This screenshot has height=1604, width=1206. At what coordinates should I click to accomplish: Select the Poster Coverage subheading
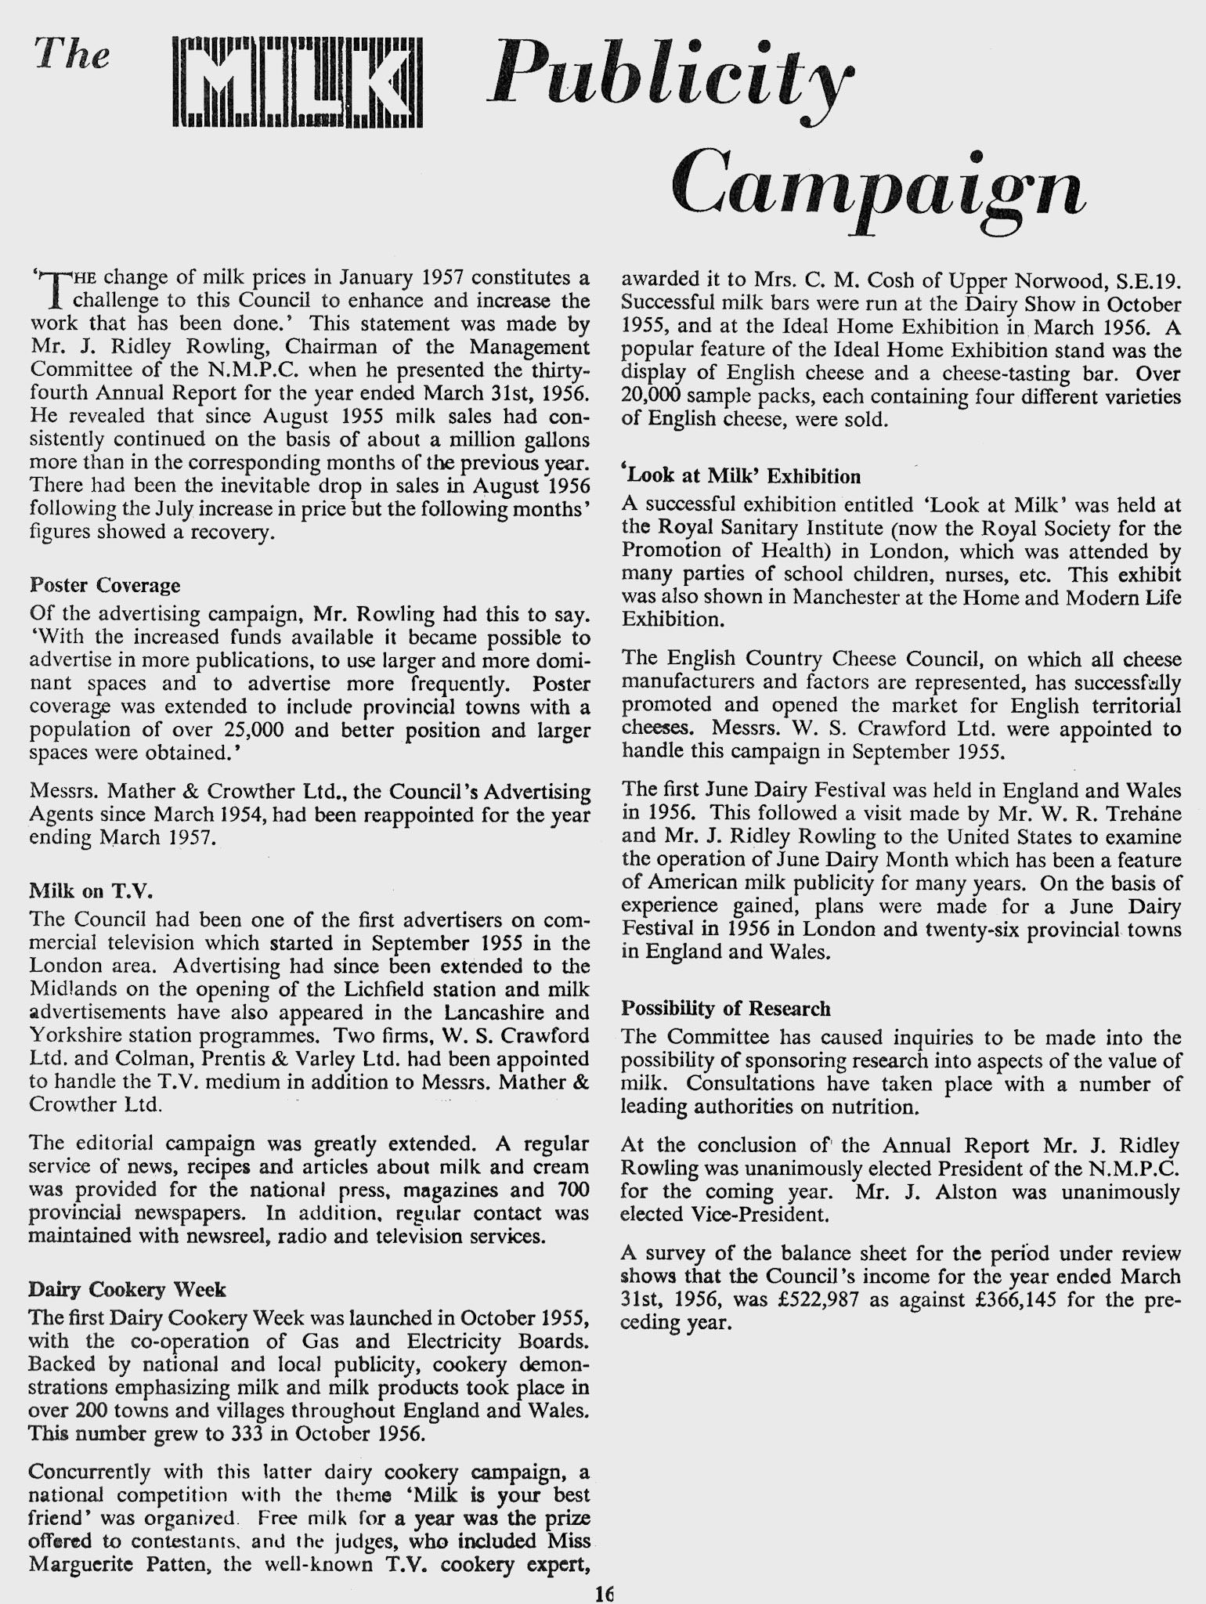104,585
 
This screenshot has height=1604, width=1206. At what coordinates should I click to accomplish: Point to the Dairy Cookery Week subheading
127,1289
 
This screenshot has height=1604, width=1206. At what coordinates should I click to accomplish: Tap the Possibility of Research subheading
725,1008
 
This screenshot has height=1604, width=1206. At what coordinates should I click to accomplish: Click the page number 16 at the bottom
604,1592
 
